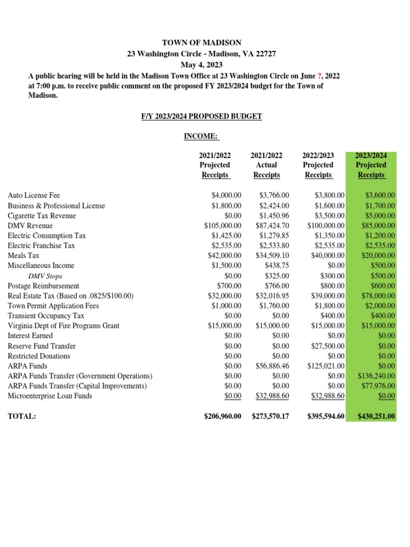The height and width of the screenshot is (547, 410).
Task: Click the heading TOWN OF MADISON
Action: click(202, 43)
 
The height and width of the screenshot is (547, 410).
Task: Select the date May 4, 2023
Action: click(201, 65)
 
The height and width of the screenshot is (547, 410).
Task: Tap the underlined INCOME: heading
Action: click(201, 137)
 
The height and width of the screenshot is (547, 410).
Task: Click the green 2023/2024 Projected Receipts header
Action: click(371, 165)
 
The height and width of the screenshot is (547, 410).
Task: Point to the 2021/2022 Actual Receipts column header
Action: click(266, 165)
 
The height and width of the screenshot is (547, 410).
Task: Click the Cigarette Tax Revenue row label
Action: click(42, 216)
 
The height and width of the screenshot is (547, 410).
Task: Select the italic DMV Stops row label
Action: click(45, 276)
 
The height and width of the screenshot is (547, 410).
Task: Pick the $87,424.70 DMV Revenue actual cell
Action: click(272, 225)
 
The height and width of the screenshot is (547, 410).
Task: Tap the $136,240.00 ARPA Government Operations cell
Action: click(376, 376)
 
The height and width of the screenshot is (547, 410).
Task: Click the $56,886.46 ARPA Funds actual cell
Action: click(272, 366)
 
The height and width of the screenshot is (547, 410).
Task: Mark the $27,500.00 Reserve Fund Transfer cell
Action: click(327, 346)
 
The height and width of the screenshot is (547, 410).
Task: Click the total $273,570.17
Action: click(270, 416)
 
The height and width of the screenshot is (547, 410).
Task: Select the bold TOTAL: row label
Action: click(22, 416)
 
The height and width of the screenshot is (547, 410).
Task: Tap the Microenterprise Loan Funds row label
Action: click(50, 396)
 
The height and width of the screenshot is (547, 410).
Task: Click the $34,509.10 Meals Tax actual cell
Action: click(272, 256)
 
